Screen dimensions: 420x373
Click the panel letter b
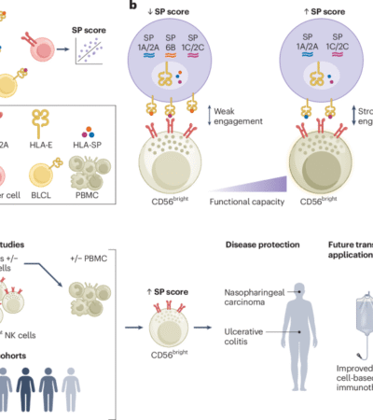[x=134, y=7]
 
